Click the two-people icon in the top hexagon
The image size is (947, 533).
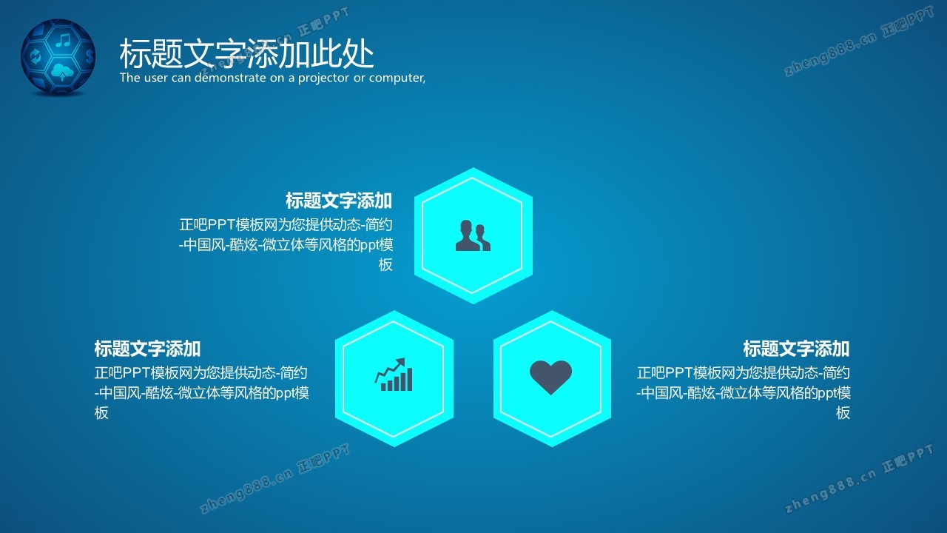(x=473, y=235)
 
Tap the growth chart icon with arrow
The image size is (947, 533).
(x=394, y=375)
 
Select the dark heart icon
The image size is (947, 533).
(x=550, y=378)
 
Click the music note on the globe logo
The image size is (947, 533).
(x=63, y=40)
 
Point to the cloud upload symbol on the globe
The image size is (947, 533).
(x=62, y=72)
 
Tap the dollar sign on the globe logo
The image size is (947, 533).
(x=90, y=56)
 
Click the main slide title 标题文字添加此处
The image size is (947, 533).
(x=246, y=54)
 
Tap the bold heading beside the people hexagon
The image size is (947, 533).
(x=339, y=201)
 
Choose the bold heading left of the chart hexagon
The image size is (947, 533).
(x=147, y=349)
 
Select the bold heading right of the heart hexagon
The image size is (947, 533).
(x=797, y=349)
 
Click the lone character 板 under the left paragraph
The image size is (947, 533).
(x=101, y=412)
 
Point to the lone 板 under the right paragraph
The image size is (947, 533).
(x=843, y=412)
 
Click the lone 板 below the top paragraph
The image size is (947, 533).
(x=385, y=264)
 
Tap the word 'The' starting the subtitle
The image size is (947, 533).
(x=129, y=78)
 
